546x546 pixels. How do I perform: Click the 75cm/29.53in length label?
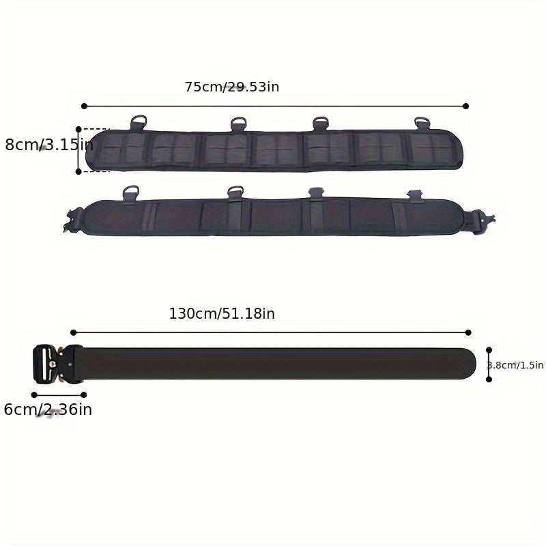click(x=232, y=87)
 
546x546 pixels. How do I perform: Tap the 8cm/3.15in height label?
click(x=49, y=145)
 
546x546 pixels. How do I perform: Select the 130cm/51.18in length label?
click(x=222, y=314)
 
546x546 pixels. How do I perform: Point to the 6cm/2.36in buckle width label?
click(x=48, y=409)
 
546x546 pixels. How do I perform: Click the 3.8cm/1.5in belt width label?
click(x=515, y=365)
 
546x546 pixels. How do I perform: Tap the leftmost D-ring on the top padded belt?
click(x=139, y=122)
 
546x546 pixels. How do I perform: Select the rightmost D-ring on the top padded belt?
click(x=422, y=124)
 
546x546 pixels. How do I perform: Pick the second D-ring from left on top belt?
click(x=238, y=124)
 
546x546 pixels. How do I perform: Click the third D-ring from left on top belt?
click(x=320, y=124)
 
